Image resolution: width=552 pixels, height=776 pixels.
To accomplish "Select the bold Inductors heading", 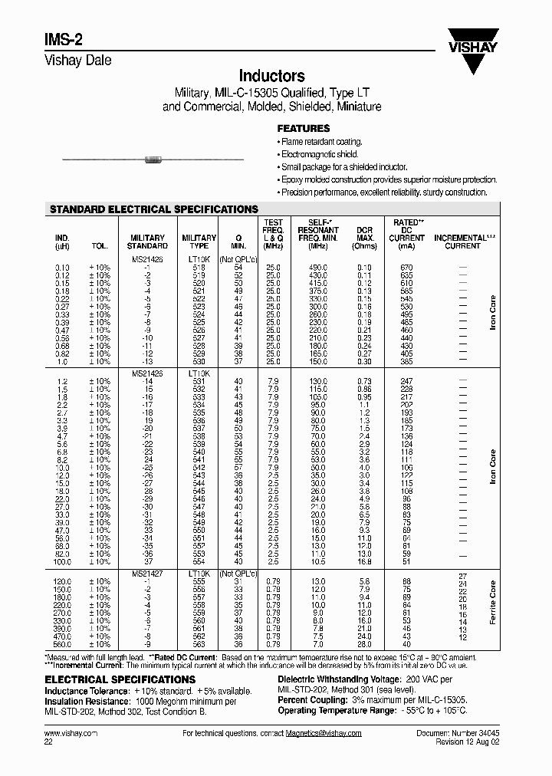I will [x=272, y=76].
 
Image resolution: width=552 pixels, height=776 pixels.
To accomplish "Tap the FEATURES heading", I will [x=303, y=129].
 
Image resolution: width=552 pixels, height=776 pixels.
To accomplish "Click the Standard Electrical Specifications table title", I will [x=153, y=209].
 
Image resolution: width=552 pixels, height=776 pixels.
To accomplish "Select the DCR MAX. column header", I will [x=364, y=238].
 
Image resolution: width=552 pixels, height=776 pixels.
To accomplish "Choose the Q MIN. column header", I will [x=238, y=242].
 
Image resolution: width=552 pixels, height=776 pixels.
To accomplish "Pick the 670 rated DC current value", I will [x=406, y=266].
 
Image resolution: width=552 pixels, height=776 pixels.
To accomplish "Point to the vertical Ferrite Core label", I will [x=493, y=603].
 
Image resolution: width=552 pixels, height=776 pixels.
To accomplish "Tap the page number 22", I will [x=49, y=742].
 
